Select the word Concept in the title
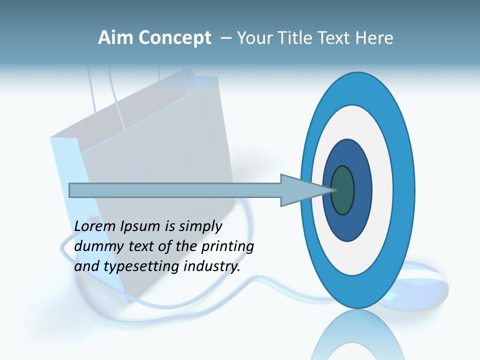[174, 38]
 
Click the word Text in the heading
[335, 38]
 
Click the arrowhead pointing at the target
[300, 190]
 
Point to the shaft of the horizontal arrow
[175, 190]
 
